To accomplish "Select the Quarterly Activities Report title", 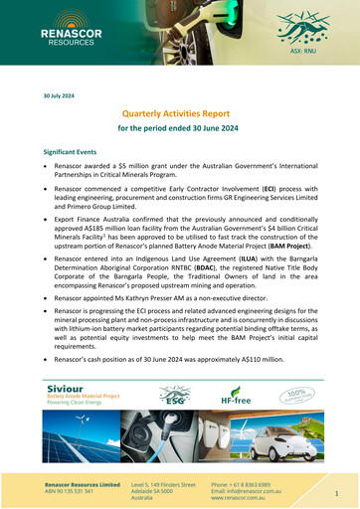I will [x=179, y=115].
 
